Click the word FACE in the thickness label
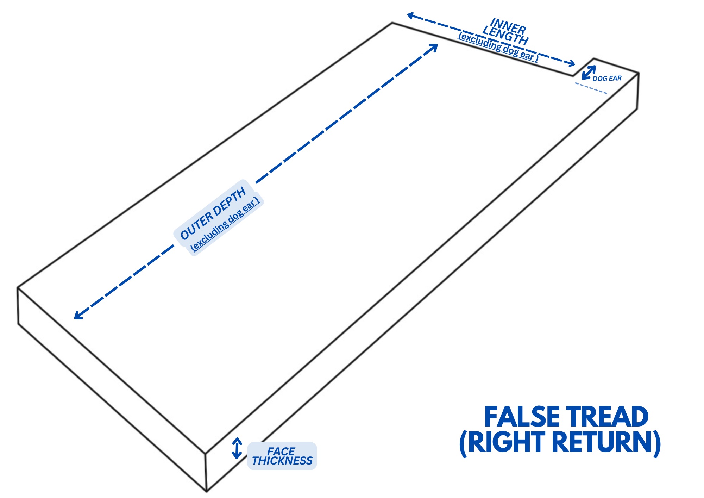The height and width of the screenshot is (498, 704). pos(281,451)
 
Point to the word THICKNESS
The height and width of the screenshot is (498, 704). pos(282,461)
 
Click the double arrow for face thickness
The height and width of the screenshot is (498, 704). pos(237,448)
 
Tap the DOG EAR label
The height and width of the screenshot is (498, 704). pos(607,79)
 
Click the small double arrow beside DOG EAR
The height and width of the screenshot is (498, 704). pos(589,73)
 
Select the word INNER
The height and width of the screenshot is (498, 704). pos(508,26)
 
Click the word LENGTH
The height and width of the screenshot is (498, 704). pos(505,36)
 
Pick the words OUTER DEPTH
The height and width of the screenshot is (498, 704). pos(213,214)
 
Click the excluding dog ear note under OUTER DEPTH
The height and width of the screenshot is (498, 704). pos(225,225)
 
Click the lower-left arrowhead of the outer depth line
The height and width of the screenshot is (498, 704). pos(77,317)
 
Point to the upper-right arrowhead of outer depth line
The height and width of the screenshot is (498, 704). pos(435,46)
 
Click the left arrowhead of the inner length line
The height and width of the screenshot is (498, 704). pos(410,15)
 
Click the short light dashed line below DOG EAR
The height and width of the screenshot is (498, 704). pos(591,88)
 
